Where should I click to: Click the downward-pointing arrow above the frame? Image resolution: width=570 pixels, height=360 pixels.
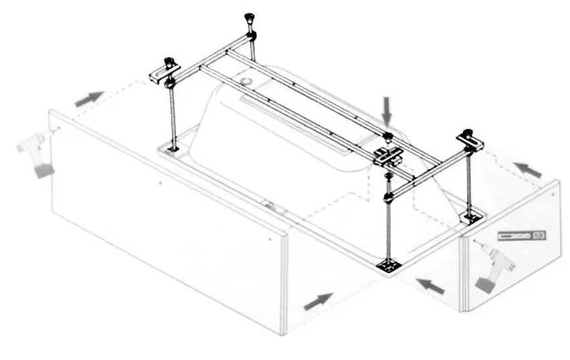point(387,110)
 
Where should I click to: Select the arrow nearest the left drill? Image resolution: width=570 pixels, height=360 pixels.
point(88,98)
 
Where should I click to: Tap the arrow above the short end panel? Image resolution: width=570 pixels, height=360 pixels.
point(528,169)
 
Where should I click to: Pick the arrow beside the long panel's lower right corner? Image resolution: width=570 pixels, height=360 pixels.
point(318,301)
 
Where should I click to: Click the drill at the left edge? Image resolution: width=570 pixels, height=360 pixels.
point(35,154)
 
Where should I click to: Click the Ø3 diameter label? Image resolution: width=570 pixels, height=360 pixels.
point(539,236)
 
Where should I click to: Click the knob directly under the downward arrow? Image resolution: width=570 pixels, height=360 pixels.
point(388,137)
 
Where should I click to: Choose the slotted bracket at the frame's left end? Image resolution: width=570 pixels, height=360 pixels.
point(165,73)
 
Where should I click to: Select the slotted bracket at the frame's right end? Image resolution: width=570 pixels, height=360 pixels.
point(470,142)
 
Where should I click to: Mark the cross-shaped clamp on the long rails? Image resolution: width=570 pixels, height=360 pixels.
point(388,156)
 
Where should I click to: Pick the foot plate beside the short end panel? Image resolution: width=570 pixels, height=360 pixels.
point(473,217)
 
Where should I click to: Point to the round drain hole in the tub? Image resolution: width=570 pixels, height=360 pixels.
point(247,80)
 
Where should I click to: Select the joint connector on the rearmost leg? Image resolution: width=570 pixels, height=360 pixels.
point(251,35)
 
